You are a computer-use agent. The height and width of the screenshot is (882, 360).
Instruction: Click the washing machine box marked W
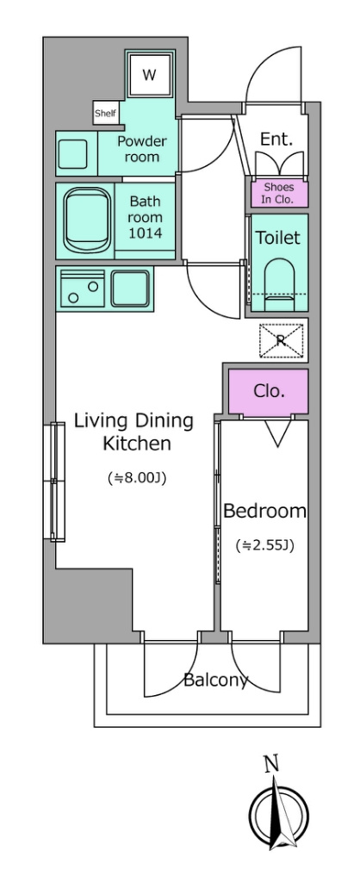click(149, 74)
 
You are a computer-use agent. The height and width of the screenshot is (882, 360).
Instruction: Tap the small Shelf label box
click(105, 113)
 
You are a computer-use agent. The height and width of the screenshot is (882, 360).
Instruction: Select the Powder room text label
click(142, 148)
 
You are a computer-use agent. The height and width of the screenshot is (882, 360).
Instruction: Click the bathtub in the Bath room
click(88, 220)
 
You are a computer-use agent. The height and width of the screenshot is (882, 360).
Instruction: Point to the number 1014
click(146, 233)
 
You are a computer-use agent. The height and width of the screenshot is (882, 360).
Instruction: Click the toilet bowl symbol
click(279, 284)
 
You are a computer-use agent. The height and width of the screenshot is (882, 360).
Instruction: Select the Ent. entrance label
click(276, 140)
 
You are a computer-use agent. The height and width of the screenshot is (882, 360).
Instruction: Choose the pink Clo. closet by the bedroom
click(269, 391)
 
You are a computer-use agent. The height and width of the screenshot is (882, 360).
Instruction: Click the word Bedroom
click(265, 512)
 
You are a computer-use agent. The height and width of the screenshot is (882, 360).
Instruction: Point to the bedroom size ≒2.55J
click(265, 544)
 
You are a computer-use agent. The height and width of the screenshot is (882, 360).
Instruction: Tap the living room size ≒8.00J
click(137, 478)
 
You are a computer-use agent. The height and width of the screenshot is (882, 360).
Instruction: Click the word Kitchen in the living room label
click(137, 444)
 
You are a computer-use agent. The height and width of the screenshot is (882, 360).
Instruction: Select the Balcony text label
click(215, 680)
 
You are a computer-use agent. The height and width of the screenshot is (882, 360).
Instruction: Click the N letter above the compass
click(272, 764)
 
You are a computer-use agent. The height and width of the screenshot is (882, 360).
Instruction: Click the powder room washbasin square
click(73, 153)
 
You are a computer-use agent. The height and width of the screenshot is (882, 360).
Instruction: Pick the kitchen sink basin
click(131, 289)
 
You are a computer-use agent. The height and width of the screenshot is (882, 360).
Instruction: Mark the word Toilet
click(278, 238)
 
